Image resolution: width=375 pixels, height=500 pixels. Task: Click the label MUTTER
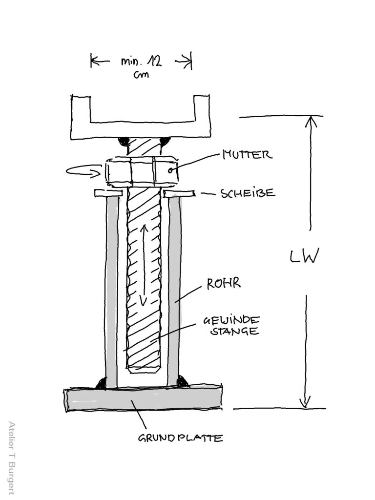246,155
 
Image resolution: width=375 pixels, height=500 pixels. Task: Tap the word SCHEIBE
248,193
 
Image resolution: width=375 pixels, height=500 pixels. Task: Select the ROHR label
224,283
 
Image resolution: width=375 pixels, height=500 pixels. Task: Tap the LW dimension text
304,256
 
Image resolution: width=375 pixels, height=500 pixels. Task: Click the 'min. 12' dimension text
141,62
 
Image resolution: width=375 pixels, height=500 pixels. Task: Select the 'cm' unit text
141,76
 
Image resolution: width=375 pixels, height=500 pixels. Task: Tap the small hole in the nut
170,170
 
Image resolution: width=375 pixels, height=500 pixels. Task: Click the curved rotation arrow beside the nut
85,171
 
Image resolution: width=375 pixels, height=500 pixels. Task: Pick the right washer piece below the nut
179,194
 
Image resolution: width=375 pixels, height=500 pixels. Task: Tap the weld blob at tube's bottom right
183,381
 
